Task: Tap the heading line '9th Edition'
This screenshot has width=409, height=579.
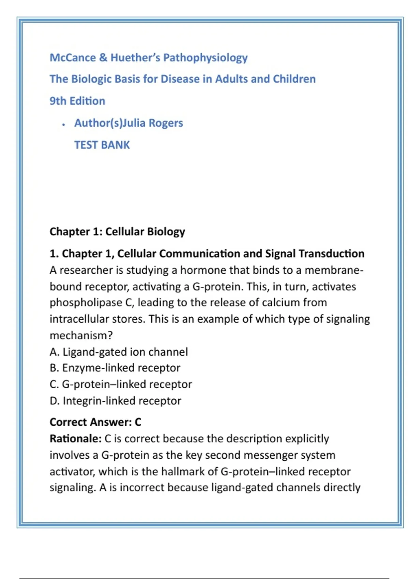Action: tap(77, 101)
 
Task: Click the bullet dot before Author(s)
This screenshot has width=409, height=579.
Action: tap(63, 125)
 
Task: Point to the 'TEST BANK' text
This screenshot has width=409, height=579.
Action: tap(102, 145)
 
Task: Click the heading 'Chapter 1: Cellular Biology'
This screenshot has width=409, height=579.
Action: tap(117, 232)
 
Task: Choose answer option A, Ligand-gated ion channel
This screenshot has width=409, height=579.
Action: tap(119, 352)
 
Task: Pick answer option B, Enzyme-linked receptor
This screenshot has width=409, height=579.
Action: tap(115, 368)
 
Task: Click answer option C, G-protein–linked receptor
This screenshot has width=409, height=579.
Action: tap(121, 384)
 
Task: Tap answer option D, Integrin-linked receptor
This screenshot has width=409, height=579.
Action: tap(115, 401)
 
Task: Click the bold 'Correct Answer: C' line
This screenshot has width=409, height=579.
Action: tap(95, 422)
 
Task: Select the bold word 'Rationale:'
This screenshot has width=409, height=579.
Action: tap(75, 439)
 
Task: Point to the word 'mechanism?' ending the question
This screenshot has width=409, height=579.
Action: tap(81, 335)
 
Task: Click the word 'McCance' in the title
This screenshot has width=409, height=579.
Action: tap(73, 58)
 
